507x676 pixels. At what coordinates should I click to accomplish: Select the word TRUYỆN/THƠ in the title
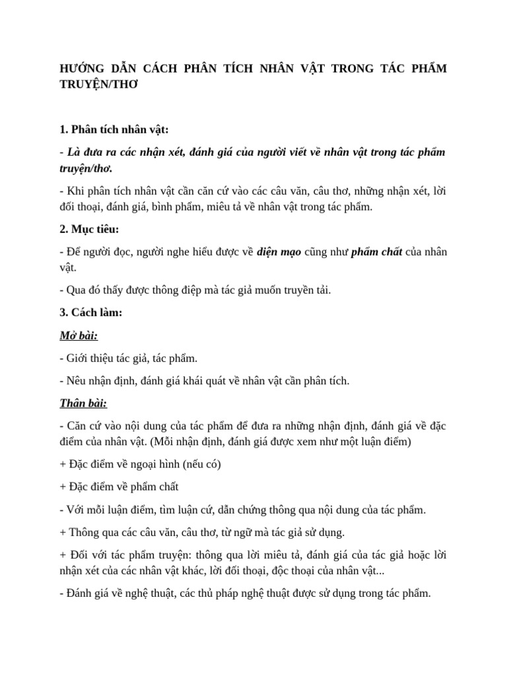click(97, 86)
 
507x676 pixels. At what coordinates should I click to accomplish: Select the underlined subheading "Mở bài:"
click(79, 335)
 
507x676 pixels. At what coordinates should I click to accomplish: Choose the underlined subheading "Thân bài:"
click(83, 403)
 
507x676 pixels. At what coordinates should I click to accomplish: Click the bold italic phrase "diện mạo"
click(281, 252)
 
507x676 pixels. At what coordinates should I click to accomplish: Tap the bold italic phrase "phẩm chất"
click(376, 252)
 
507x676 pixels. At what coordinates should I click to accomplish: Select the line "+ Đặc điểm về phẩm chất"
click(119, 487)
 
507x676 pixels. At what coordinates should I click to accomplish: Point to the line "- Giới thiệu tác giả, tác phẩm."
click(128, 358)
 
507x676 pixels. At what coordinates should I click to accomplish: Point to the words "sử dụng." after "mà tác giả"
click(323, 531)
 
